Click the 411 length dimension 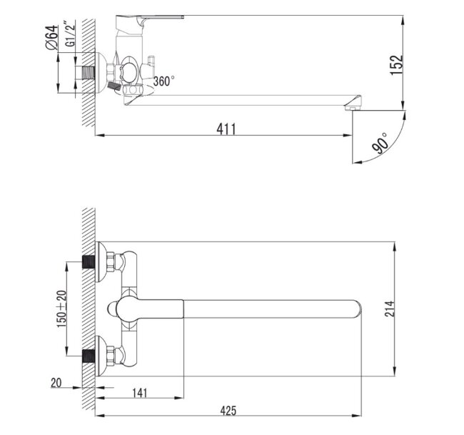click(x=226, y=129)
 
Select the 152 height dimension click(x=397, y=63)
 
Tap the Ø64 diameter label click(x=51, y=37)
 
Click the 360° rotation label click(x=163, y=81)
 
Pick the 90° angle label click(x=380, y=143)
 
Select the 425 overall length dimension click(x=228, y=410)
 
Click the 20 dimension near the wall click(x=56, y=383)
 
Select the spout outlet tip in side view click(x=353, y=107)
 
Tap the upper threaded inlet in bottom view click(x=89, y=261)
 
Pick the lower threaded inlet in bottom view click(x=89, y=355)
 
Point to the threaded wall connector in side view click(x=89, y=72)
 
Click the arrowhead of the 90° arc click(x=356, y=161)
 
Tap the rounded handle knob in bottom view click(x=114, y=309)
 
